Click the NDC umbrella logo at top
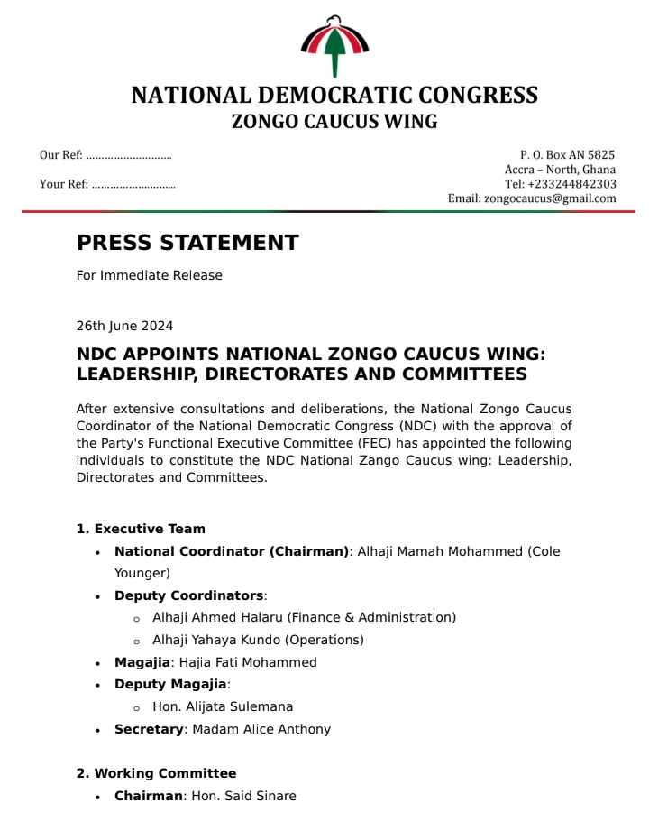coord(334,45)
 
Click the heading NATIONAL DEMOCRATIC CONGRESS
coord(334,96)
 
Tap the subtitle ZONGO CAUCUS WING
coord(334,122)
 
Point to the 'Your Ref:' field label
coord(64,184)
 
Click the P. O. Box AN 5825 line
coord(567,155)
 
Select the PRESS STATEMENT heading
coord(187,243)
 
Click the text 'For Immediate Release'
coord(149,275)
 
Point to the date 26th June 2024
coord(124,326)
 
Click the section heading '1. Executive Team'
coord(141,529)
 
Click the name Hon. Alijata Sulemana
coord(223,706)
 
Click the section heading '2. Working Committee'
coord(156,773)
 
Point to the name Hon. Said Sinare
coord(243,796)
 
